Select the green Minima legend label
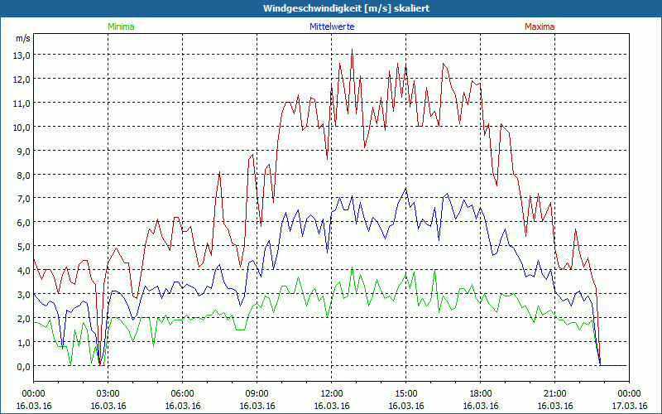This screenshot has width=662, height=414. (120, 26)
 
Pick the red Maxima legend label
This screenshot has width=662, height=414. (539, 26)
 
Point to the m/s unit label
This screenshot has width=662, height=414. (22, 38)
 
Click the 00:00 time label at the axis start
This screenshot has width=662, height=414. (33, 393)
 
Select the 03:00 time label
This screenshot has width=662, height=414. (108, 393)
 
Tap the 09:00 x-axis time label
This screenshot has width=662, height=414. (257, 393)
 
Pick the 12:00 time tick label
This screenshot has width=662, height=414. (331, 393)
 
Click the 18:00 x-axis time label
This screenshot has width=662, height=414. (480, 393)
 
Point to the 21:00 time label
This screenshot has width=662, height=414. (554, 393)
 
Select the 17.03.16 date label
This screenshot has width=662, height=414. (629, 407)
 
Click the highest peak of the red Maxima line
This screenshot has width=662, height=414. (352, 51)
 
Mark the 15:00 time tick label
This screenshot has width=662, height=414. (405, 393)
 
